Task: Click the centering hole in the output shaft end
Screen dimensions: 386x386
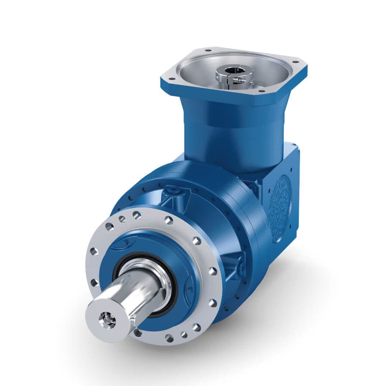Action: pyautogui.click(x=106, y=319)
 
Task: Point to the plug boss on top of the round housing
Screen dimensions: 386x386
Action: pyautogui.click(x=174, y=192)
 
